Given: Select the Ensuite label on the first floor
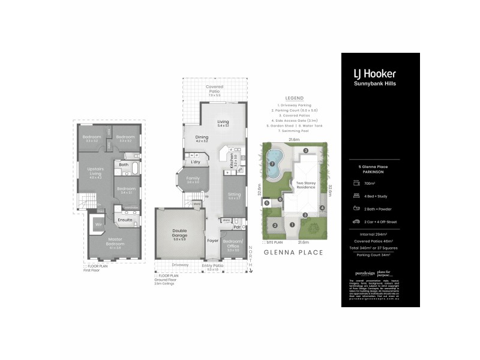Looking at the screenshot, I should click(x=125, y=220).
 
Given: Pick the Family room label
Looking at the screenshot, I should click(x=193, y=179).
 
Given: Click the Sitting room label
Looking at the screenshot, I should click(x=233, y=194).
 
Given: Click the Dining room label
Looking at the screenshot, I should click(x=202, y=137).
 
